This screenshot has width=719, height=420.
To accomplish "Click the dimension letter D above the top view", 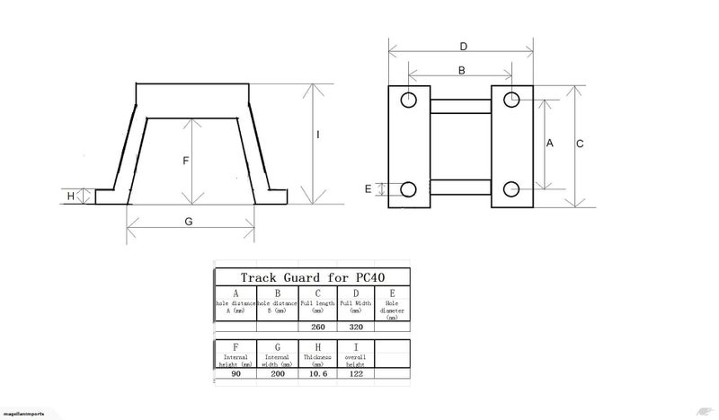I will tap(463, 46).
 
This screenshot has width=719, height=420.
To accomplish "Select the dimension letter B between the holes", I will tap(461, 70).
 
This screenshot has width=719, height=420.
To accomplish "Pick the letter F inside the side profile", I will tap(185, 161).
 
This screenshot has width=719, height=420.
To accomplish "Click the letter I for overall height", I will tap(318, 135).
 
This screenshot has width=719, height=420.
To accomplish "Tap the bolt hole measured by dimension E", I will tap(409, 189).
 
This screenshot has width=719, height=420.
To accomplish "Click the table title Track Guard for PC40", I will tap(312, 277).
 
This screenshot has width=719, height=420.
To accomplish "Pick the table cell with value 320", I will tap(355, 327).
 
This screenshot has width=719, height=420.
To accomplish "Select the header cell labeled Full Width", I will tap(355, 304).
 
